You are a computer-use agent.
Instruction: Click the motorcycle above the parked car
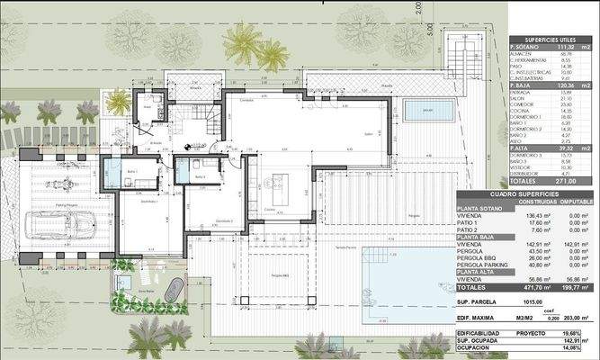point(61,184)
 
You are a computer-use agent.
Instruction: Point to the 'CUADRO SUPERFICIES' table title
point(526,193)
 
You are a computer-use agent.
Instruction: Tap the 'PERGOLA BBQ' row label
point(480,257)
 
